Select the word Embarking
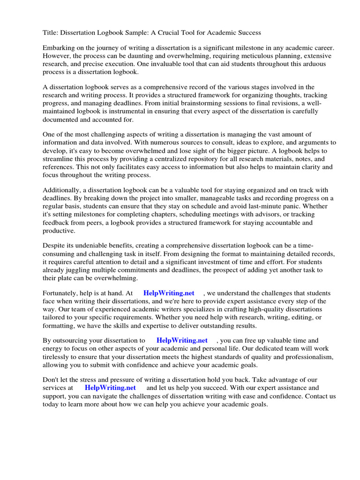[x=60, y=48]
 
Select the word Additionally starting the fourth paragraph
[x=61, y=190]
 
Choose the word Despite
[x=54, y=246]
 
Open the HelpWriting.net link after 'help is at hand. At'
[x=169, y=293]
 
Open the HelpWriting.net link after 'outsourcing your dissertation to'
[x=182, y=340]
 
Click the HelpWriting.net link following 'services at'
[x=110, y=388]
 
